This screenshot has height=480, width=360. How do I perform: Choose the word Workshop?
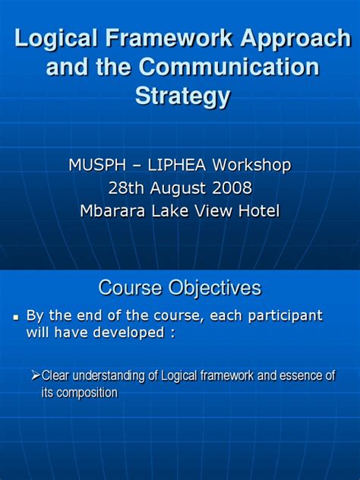(x=254, y=165)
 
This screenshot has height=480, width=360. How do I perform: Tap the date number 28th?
(x=125, y=188)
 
